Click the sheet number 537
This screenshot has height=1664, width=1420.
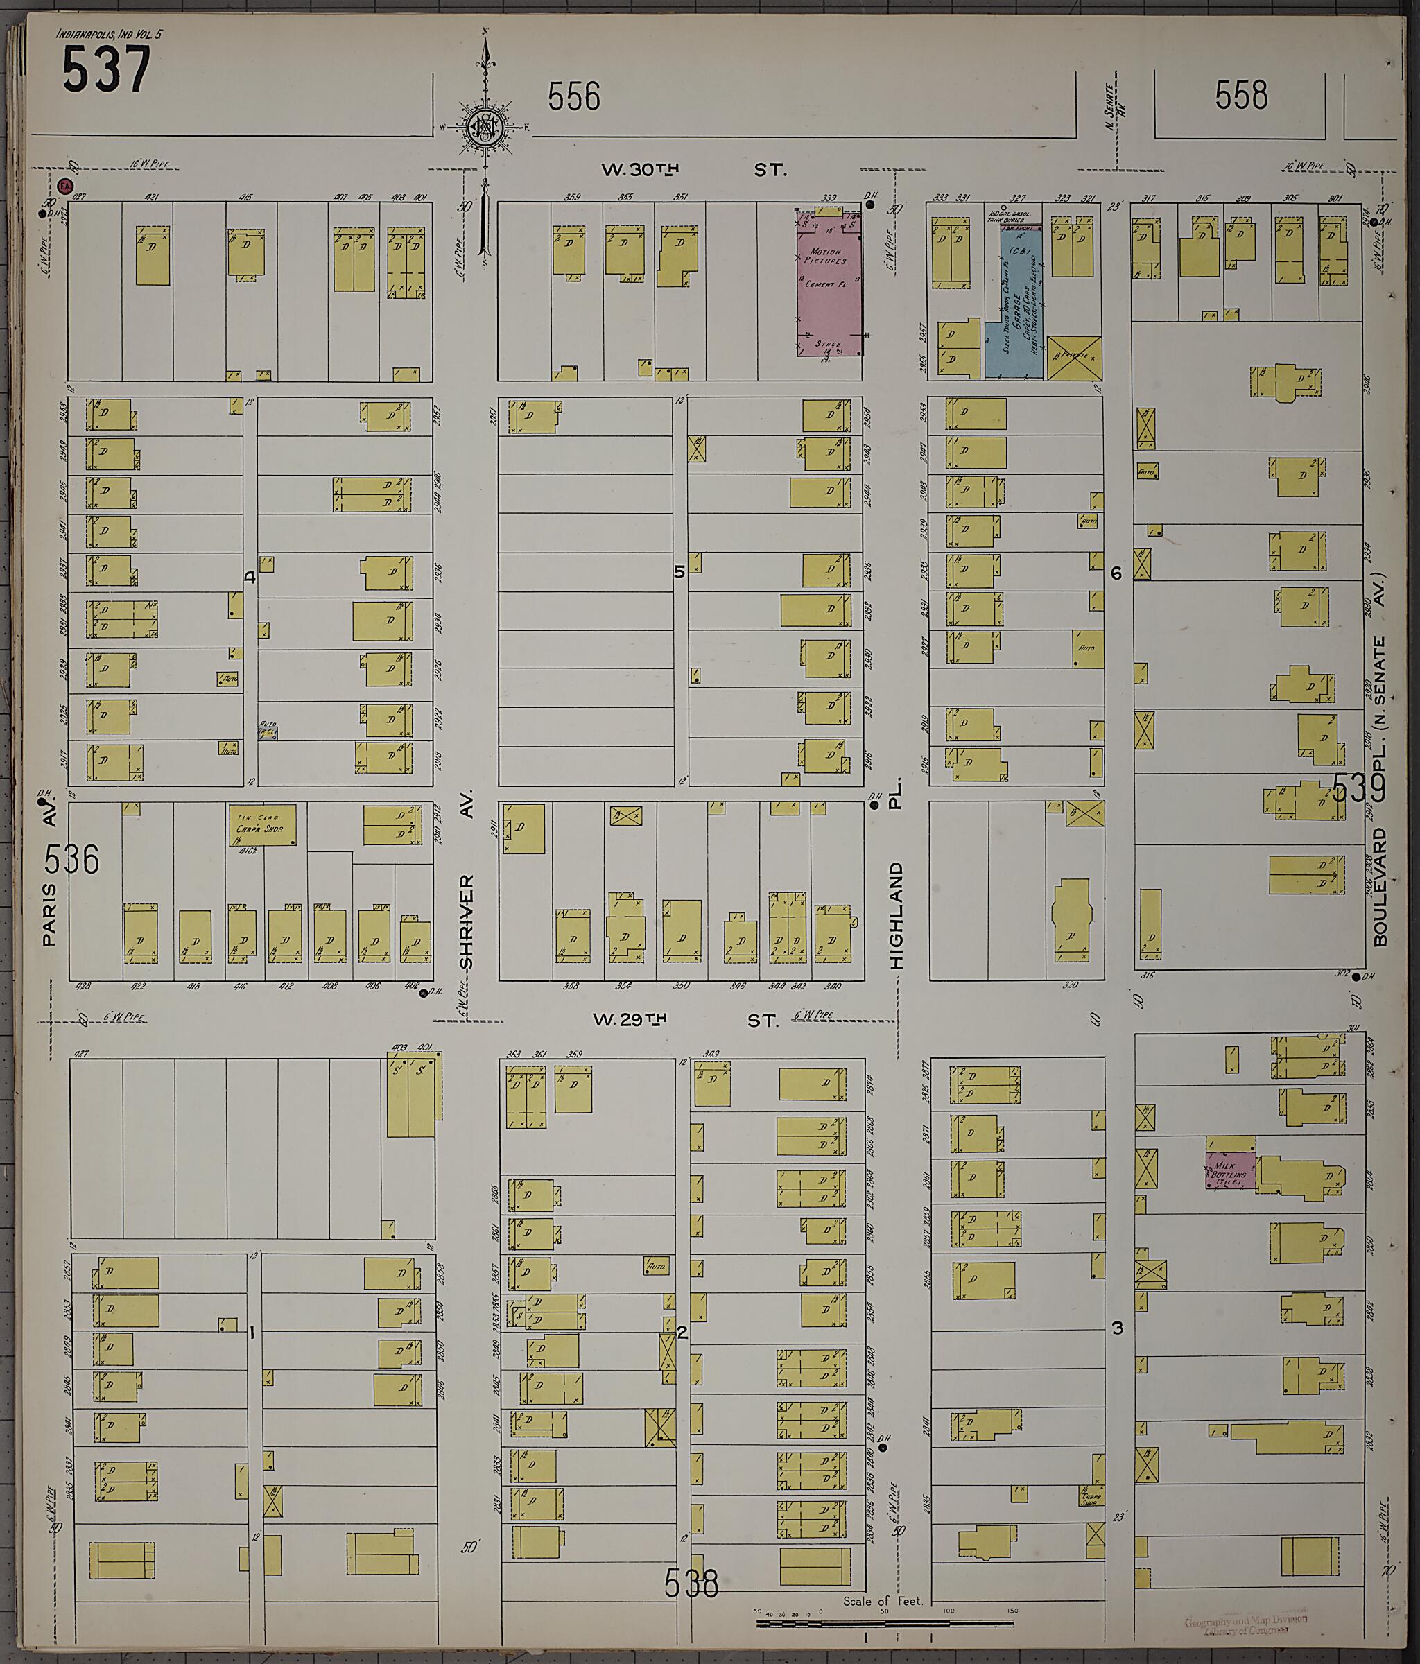106,70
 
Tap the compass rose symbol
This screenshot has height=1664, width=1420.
486,126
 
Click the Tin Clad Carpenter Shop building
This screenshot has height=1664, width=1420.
263,825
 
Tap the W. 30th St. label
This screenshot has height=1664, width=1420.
693,169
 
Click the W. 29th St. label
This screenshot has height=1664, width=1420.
685,1020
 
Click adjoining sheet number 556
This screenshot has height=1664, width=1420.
573,97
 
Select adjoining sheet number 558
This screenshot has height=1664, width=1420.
1241,96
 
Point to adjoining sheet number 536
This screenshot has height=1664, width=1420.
72,859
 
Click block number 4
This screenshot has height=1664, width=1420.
250,577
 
